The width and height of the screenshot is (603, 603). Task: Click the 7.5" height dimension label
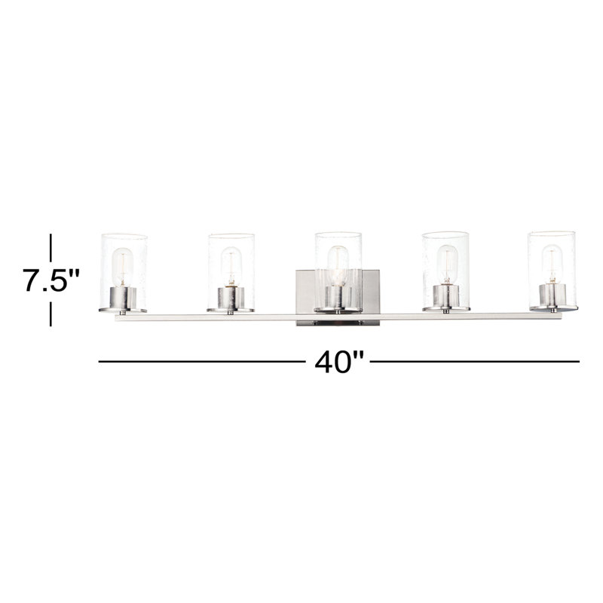pyautogui.click(x=51, y=281)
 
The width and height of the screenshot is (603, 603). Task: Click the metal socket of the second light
pyautogui.click(x=229, y=298)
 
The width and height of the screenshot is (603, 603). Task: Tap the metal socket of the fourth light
pyautogui.click(x=445, y=296)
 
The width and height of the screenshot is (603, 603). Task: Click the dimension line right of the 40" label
pyautogui.click(x=475, y=363)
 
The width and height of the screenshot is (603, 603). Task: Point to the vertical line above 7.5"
pyautogui.click(x=51, y=247)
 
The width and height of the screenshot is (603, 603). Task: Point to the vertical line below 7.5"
pyautogui.click(x=51, y=314)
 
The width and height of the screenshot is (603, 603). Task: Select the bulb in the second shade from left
pyautogui.click(x=231, y=265)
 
